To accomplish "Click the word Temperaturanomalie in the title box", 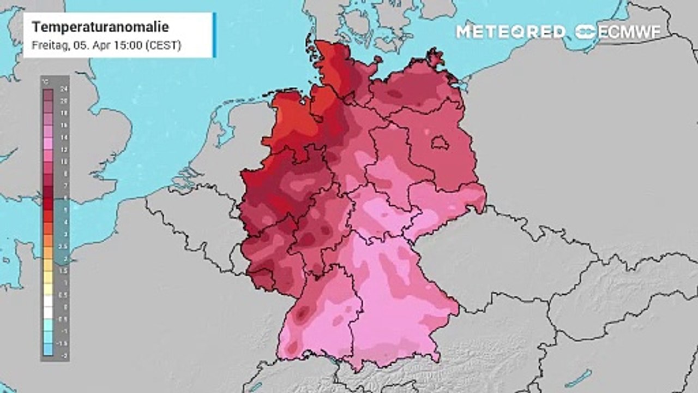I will (x=100, y=27).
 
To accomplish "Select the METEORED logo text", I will (x=510, y=32).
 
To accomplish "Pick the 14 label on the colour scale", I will (x=65, y=138).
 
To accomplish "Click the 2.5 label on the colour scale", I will (x=65, y=246).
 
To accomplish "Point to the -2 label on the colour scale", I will (x=65, y=355).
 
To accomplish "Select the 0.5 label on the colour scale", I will (x=65, y=295).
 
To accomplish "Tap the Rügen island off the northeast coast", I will (x=435, y=56).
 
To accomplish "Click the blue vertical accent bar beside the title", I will (x=215, y=35).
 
